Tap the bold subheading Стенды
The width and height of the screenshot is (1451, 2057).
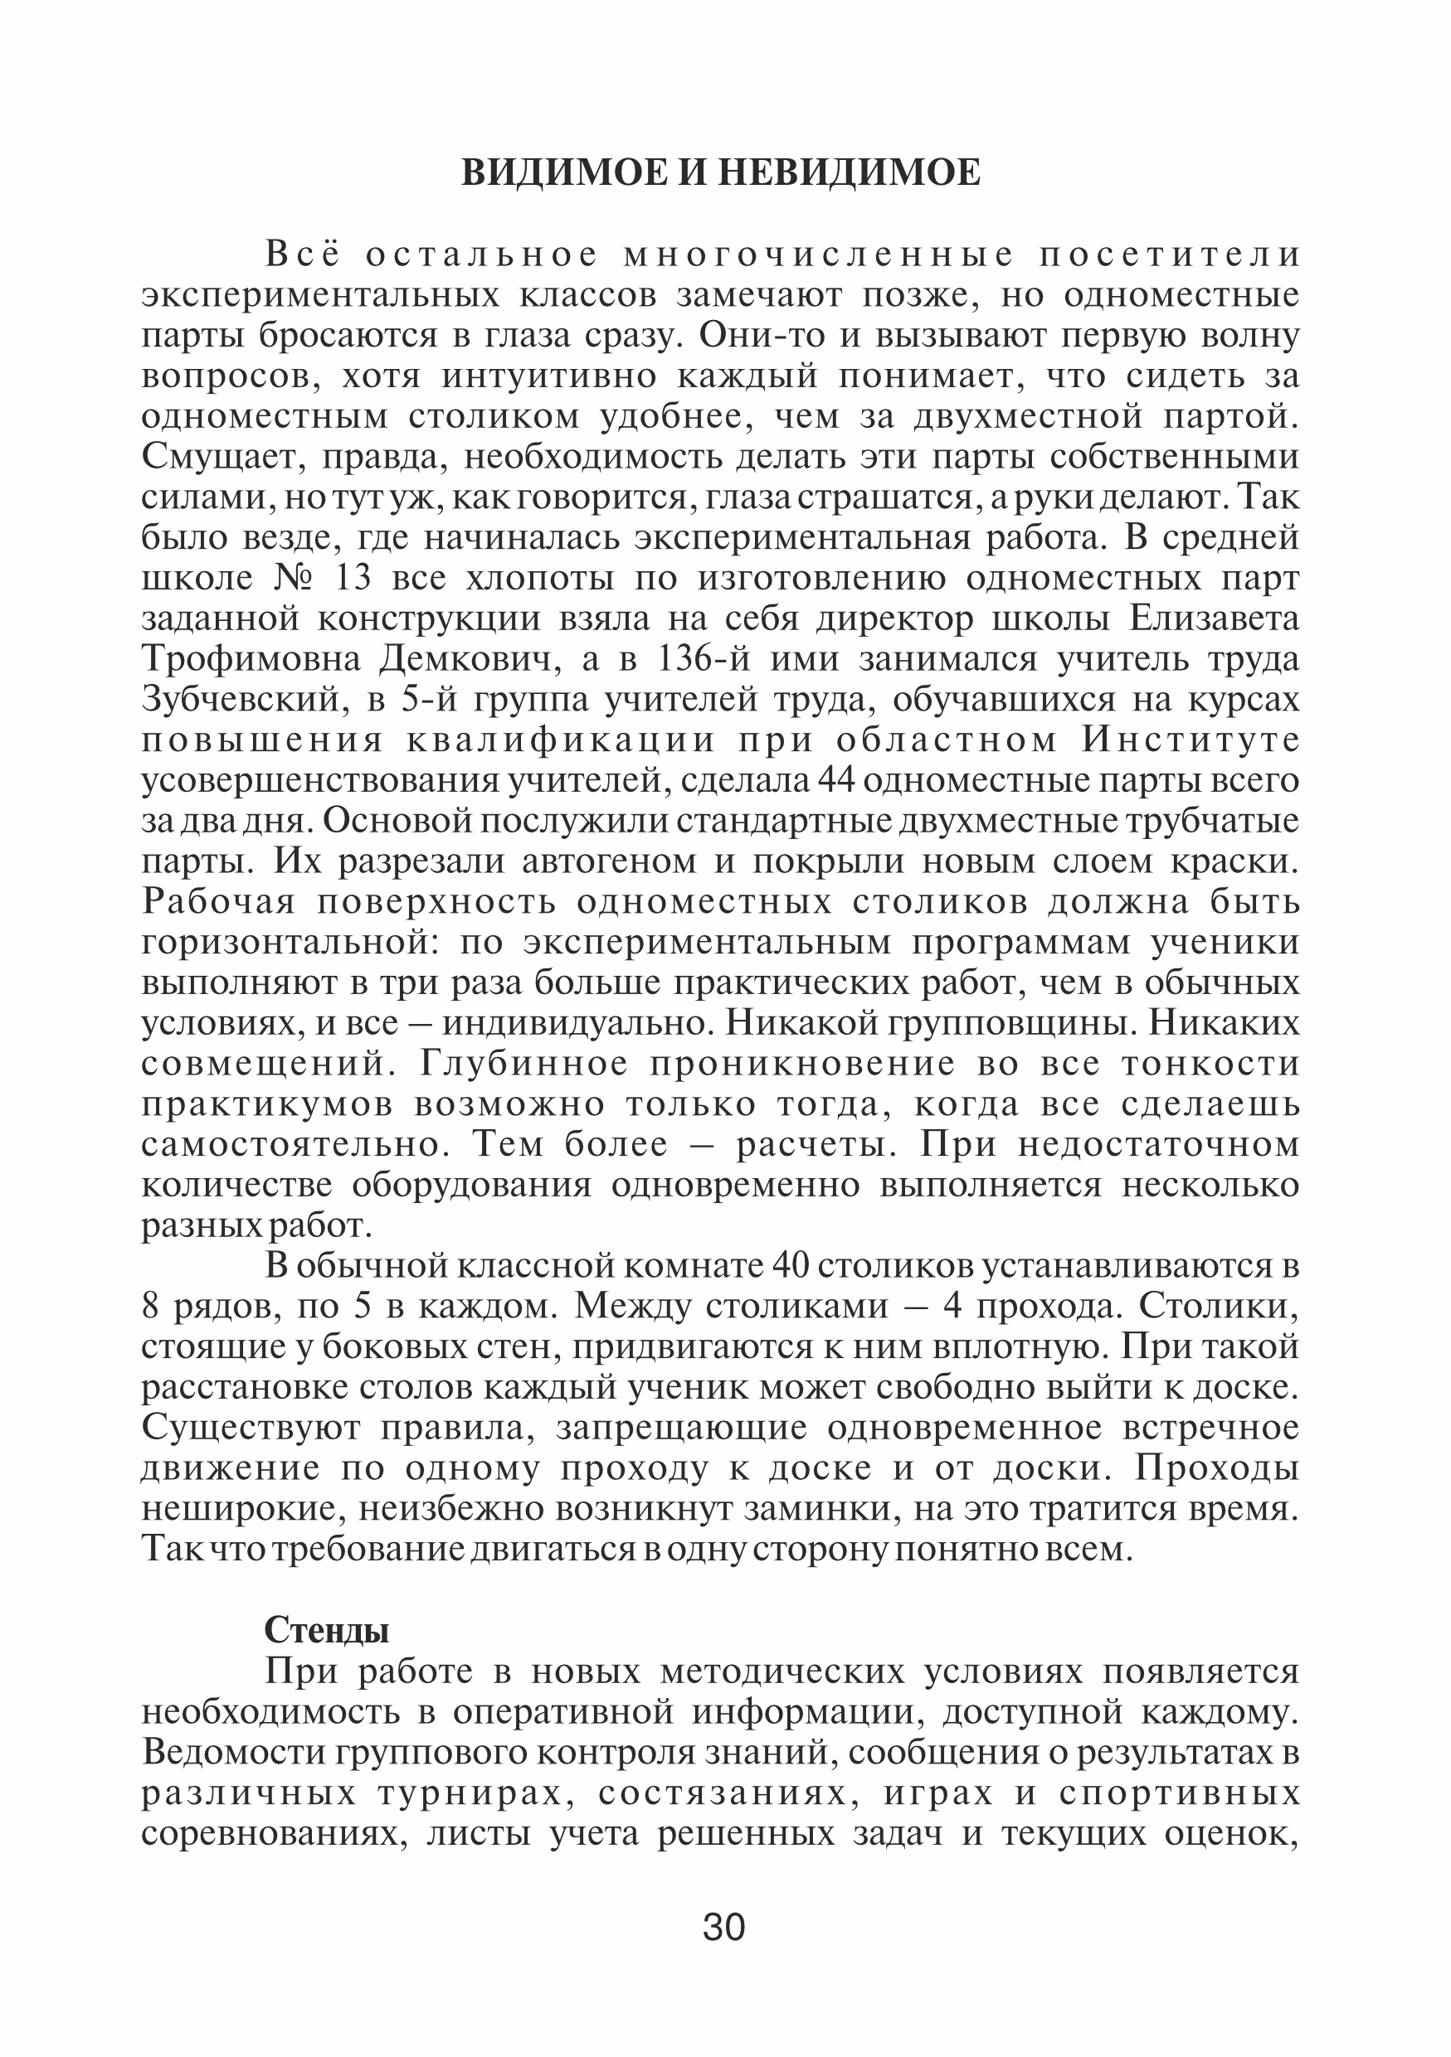click(x=326, y=1631)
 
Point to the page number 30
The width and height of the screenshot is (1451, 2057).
click(x=724, y=1927)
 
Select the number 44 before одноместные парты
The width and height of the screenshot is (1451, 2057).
click(x=837, y=781)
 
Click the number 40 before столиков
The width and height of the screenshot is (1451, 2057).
click(x=791, y=1267)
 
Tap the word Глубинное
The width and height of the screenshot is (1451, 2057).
click(x=525, y=1065)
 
